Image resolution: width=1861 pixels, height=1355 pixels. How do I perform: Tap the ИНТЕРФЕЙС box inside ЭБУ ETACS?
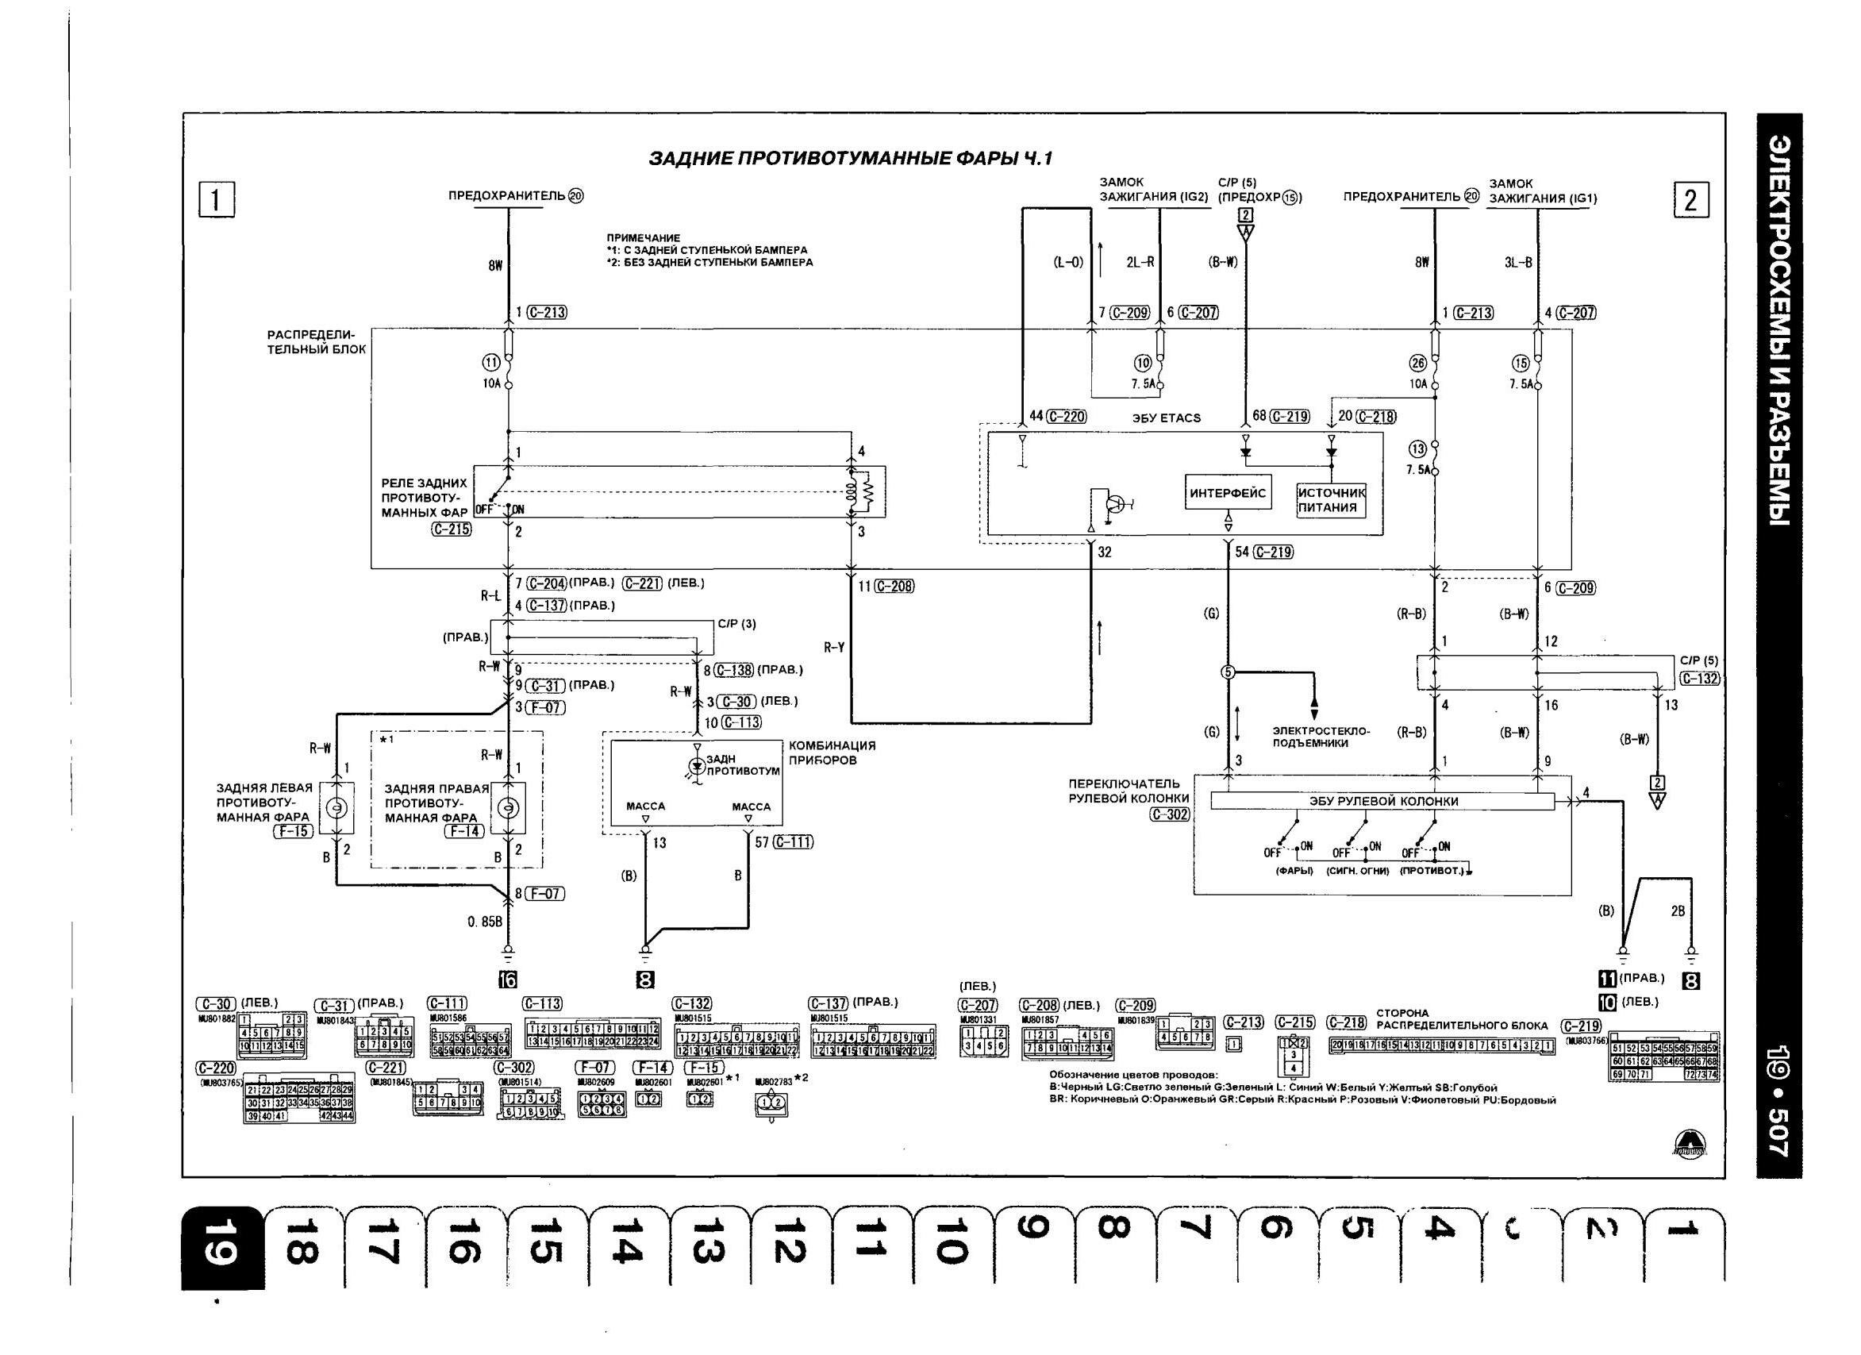tap(1228, 493)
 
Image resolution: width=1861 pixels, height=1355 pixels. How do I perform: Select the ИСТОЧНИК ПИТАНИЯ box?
tap(1331, 500)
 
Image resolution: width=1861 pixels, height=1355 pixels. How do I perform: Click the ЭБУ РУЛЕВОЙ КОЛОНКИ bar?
tap(1382, 801)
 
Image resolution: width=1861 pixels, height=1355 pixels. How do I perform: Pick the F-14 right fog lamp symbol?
tap(508, 808)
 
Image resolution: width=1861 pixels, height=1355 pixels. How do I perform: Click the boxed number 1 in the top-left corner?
tap(217, 201)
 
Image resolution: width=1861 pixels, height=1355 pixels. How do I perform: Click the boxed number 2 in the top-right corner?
tap(1691, 201)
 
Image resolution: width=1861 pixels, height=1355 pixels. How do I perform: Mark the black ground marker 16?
tap(508, 978)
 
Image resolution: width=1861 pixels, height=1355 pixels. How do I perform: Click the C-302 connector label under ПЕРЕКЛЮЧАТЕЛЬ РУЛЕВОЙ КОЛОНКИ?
tap(1169, 815)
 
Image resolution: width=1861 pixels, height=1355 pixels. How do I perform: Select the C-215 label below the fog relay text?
tap(452, 529)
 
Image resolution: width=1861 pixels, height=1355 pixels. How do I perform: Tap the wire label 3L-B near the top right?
tap(1518, 263)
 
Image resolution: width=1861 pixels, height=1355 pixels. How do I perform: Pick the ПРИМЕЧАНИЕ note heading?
tap(644, 238)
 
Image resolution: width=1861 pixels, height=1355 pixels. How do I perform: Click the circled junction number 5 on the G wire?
tap(1228, 672)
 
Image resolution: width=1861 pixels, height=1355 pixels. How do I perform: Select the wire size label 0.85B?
tap(485, 922)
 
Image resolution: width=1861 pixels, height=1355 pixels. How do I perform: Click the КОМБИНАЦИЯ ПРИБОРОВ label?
tap(832, 753)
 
